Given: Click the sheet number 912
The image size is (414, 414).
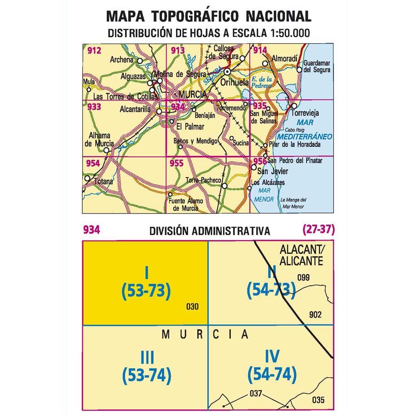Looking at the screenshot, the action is [93, 51].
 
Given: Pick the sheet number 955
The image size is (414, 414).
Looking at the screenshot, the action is [176, 163].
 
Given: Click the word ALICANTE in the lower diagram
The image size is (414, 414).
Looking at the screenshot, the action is [301, 261].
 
